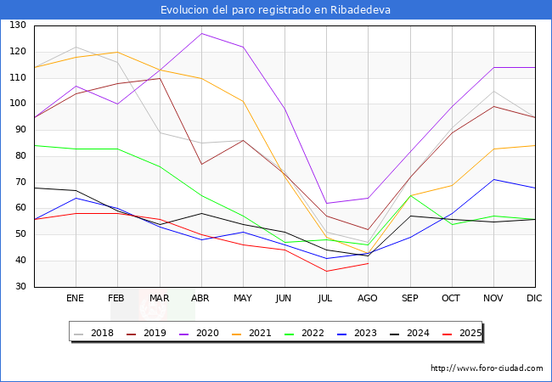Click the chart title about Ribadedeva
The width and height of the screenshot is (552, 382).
(x=276, y=10)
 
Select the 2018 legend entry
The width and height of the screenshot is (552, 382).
(x=97, y=333)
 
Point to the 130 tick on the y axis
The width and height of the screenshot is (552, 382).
(x=18, y=25)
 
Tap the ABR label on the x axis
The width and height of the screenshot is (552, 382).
(x=201, y=298)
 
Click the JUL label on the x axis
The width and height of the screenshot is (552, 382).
(x=326, y=298)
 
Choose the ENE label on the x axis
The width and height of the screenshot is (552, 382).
(x=76, y=298)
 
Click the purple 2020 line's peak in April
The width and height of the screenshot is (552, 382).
(x=201, y=33)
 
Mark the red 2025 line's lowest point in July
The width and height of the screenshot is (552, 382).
(x=326, y=271)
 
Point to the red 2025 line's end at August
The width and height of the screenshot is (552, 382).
(x=368, y=263)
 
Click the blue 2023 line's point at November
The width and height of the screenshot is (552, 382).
(x=493, y=179)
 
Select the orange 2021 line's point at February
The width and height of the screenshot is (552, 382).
(x=117, y=52)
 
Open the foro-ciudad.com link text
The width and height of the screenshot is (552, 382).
(x=487, y=368)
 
